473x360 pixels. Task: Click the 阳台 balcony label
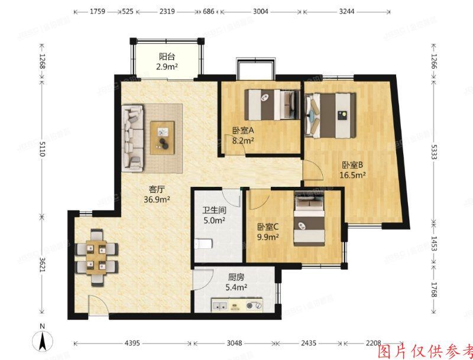coord(167,57)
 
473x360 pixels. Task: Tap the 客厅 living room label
coord(156,190)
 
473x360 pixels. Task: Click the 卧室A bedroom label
coord(242,131)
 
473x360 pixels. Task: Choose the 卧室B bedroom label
coord(352,166)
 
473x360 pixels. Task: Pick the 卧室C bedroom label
coord(267,227)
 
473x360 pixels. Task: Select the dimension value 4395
coord(132,343)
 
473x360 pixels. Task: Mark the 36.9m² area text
coord(156,200)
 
